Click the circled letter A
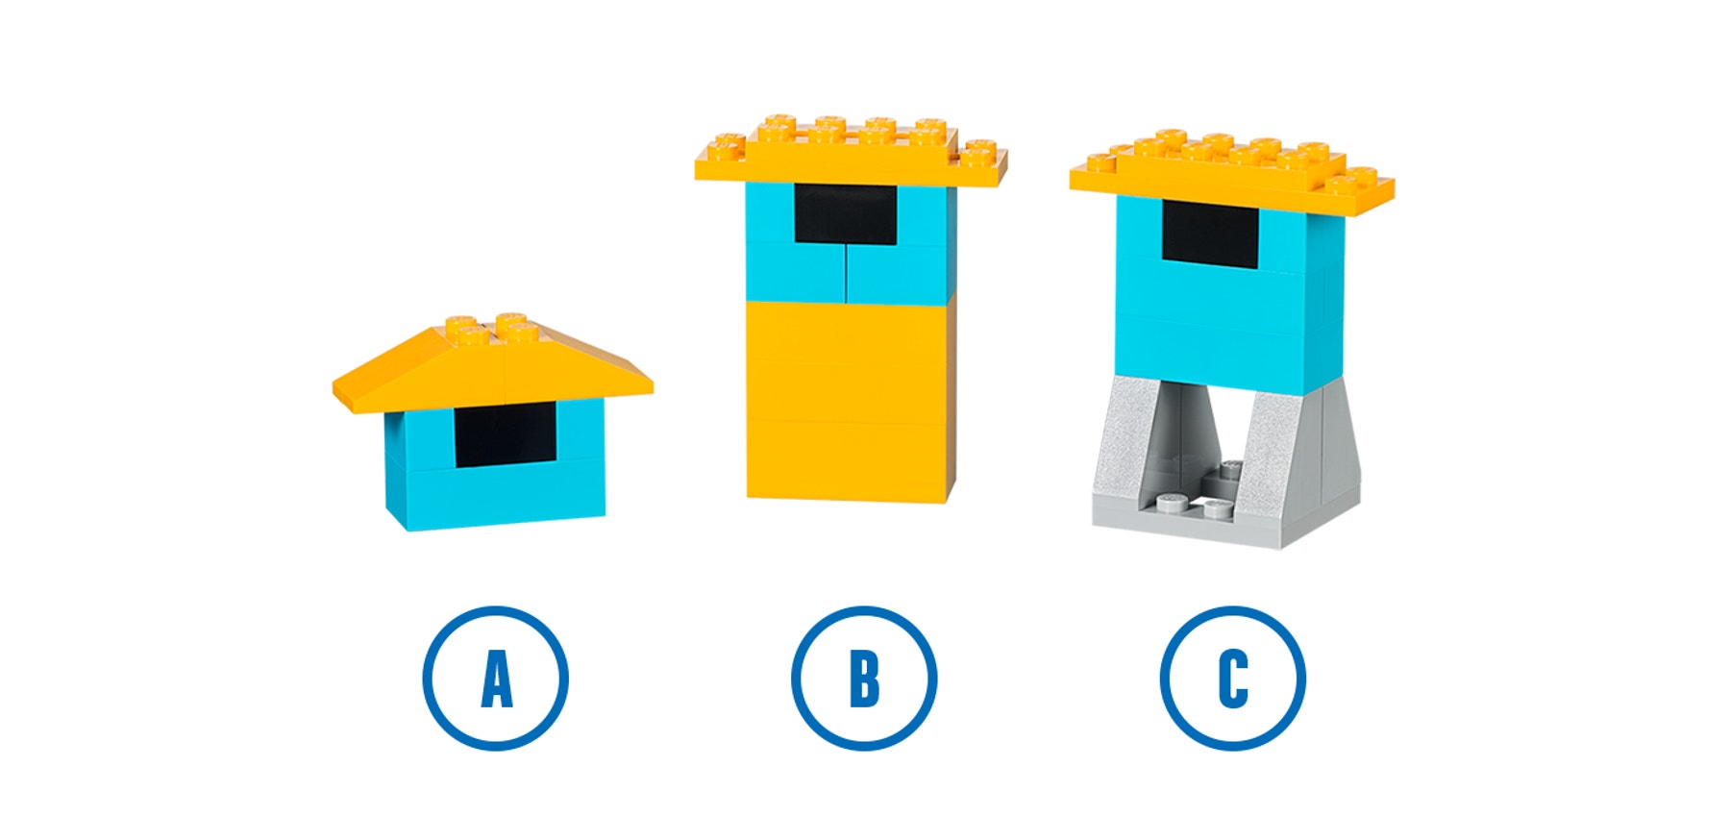pos(495,678)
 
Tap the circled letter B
pos(863,678)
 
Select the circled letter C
pos(1232,678)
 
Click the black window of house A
pos(505,434)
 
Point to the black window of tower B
pos(845,213)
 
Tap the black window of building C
pos(1210,234)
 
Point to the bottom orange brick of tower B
pos(846,461)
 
